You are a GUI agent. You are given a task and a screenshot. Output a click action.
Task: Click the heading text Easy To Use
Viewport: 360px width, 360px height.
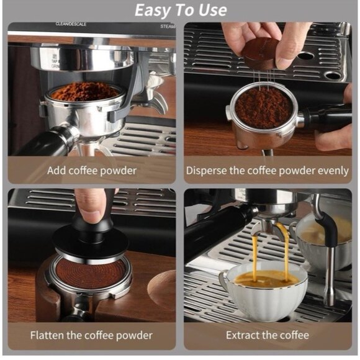[180, 10]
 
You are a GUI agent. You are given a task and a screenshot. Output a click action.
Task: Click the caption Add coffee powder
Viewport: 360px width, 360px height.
[91, 169]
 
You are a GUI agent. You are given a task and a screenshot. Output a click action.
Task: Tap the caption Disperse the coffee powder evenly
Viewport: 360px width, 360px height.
[268, 169]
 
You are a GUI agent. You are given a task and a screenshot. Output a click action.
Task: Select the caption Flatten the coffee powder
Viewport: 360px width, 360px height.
[91, 336]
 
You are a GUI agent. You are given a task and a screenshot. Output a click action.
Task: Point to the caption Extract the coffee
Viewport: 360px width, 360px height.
[268, 336]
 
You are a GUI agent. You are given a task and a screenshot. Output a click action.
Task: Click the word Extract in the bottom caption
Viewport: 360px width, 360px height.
[243, 336]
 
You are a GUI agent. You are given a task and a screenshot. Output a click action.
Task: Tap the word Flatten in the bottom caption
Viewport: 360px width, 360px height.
[50, 336]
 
